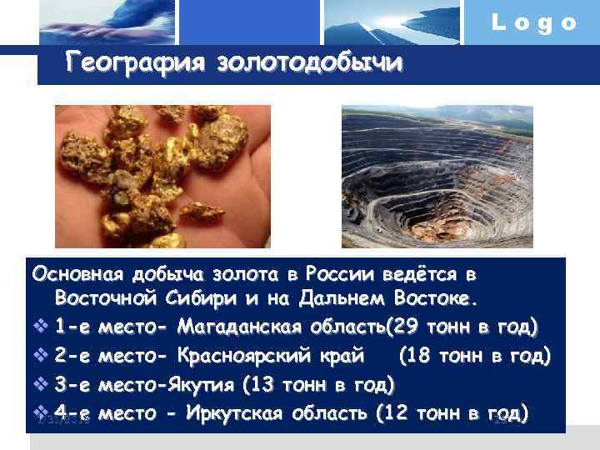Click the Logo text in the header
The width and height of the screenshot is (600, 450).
[x=534, y=22]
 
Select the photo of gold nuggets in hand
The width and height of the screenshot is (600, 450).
[x=162, y=176]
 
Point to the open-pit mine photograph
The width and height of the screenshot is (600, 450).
[x=437, y=176]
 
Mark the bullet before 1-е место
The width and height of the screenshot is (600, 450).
[x=42, y=321]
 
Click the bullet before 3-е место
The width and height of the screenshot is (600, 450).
[x=42, y=386]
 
